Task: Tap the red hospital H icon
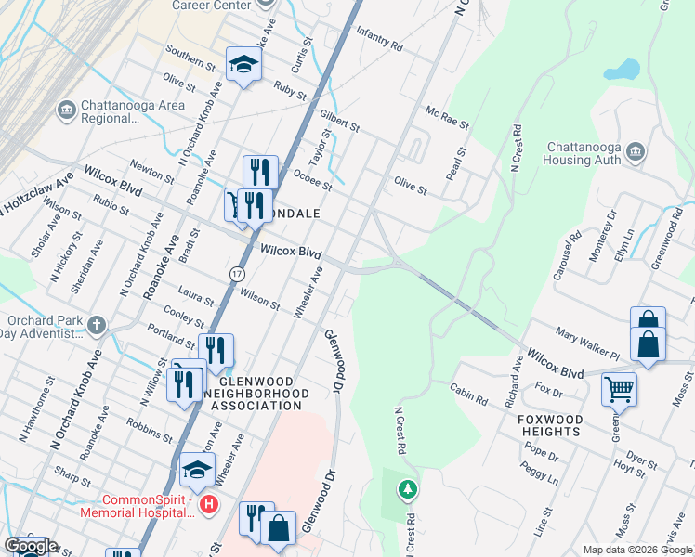210,505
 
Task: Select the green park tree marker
407,488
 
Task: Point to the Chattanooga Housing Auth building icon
636,152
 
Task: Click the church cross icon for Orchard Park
98,325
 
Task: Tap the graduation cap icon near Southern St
244,63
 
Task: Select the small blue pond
622,70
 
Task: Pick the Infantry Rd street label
379,38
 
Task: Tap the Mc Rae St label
447,118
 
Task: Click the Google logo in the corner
31,546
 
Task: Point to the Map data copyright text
637,550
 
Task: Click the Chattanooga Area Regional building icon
66,110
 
